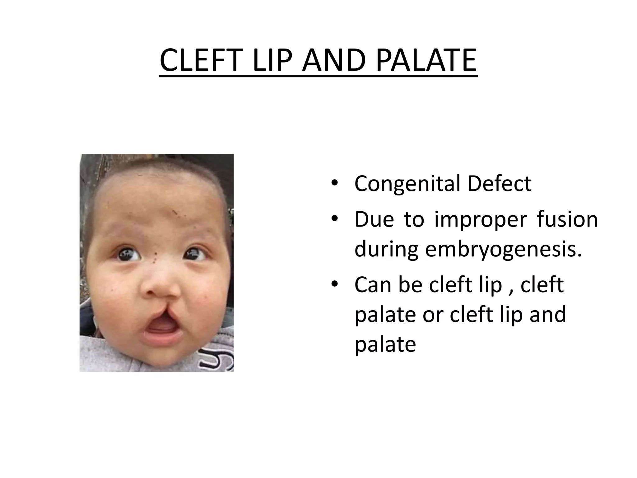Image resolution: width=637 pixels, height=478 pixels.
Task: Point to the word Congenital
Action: (407, 184)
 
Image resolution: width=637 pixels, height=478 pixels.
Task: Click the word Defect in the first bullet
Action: (500, 183)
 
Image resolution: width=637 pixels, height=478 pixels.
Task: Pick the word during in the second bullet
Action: (386, 249)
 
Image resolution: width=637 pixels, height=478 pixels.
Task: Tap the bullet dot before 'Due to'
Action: (334, 219)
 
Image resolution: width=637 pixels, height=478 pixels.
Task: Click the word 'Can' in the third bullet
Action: (373, 285)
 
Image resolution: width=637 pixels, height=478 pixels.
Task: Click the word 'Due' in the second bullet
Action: (374, 219)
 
